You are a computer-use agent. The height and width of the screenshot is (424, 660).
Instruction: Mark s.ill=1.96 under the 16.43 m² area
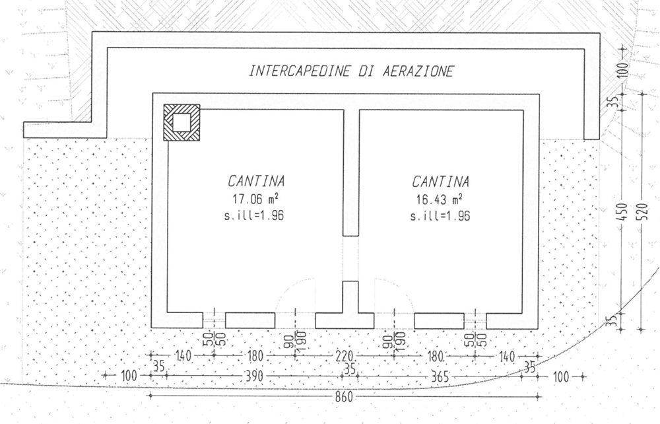click(x=440, y=216)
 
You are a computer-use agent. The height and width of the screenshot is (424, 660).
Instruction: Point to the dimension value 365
click(x=438, y=376)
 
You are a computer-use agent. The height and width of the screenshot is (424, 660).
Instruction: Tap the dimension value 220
click(x=345, y=356)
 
